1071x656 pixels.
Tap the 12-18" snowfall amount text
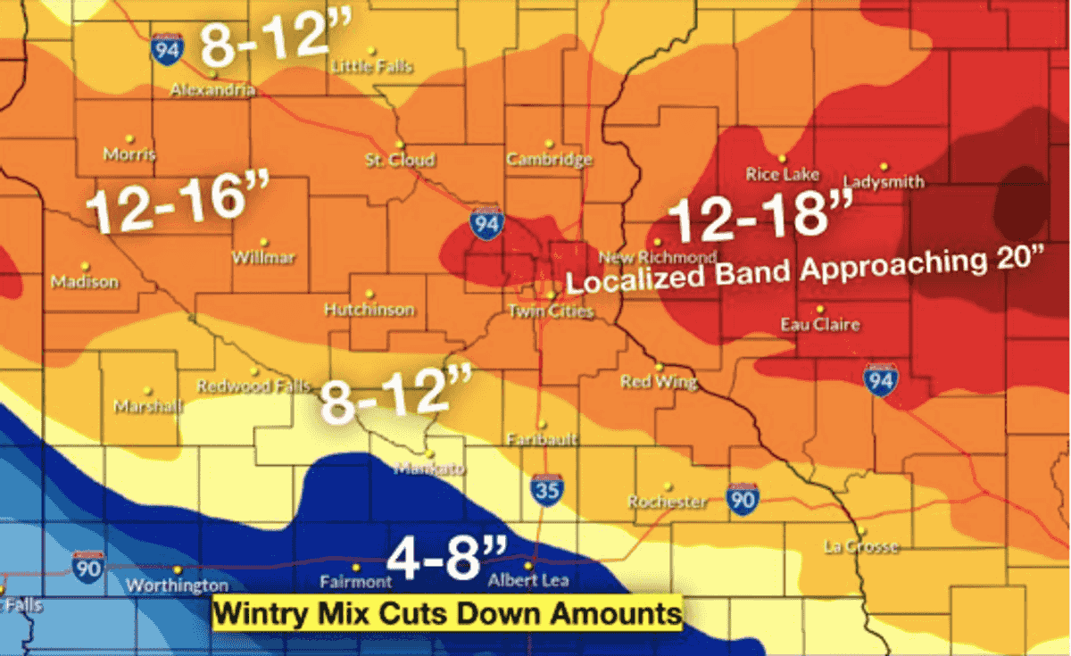(748, 217)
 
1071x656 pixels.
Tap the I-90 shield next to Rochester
(742, 500)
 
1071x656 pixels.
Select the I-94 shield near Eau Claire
(880, 380)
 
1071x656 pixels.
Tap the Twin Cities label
(550, 311)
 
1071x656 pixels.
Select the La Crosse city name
(860, 546)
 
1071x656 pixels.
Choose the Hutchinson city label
(369, 310)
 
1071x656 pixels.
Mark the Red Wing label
(659, 382)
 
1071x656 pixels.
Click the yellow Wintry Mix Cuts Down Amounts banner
(446, 614)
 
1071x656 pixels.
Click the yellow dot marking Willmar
(263, 242)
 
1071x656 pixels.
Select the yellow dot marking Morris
(129, 139)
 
